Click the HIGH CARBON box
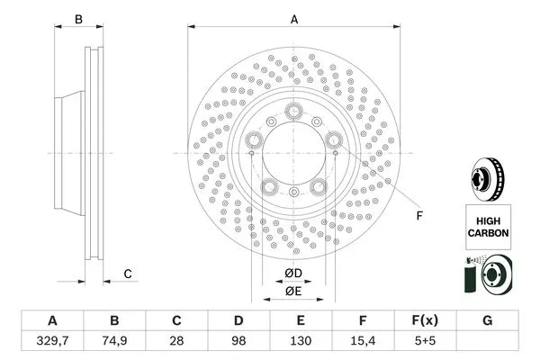488,225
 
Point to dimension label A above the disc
293,19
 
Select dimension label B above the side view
79,19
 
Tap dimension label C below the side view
128,274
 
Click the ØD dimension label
293,273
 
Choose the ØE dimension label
293,291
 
